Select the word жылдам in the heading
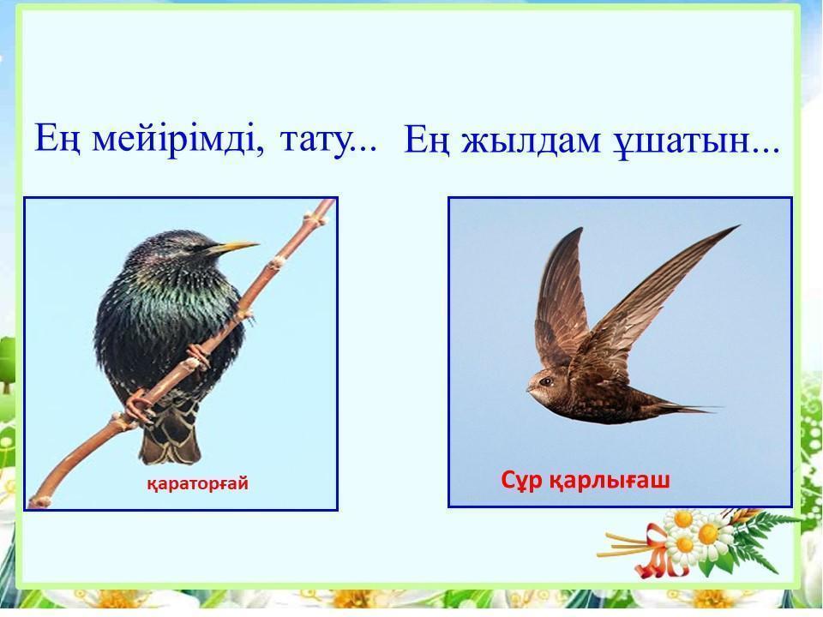[x=531, y=141]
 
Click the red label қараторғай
[x=197, y=483]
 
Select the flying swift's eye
[x=546, y=381]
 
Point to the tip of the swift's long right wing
[x=737, y=226]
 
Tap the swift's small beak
[x=529, y=390]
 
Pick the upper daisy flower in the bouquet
[x=682, y=520]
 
